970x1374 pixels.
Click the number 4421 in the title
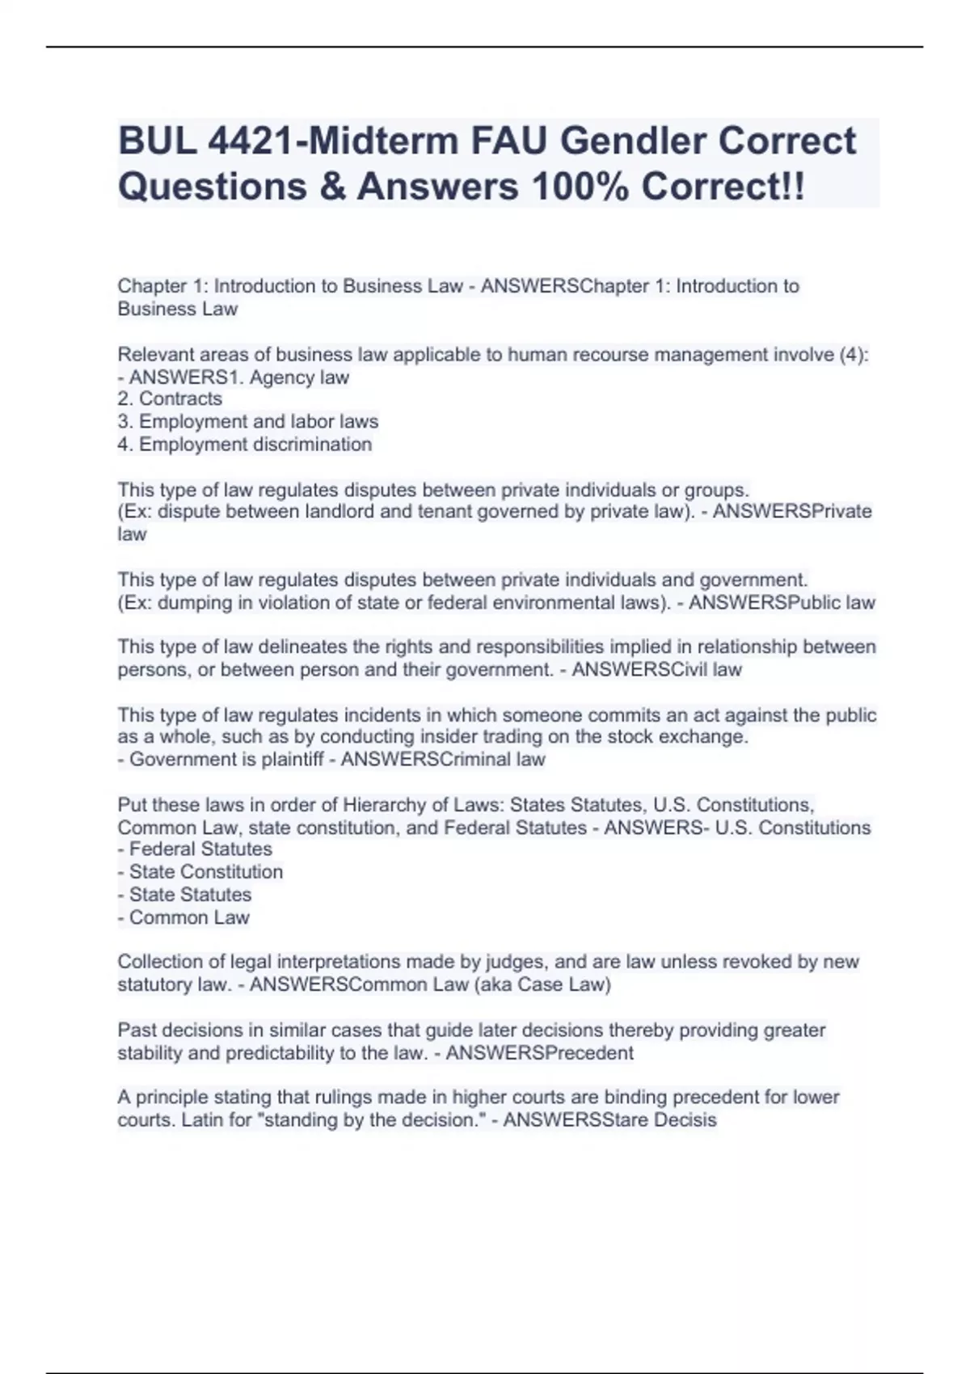pyautogui.click(x=251, y=141)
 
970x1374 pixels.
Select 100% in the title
pyautogui.click(x=580, y=187)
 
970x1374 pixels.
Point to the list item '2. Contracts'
pyautogui.click(x=170, y=398)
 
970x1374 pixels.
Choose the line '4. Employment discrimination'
pyautogui.click(x=245, y=444)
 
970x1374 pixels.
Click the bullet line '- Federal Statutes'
pyautogui.click(x=195, y=849)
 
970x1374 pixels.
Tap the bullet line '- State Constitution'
pyautogui.click(x=200, y=872)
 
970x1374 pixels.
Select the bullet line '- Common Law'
pyautogui.click(x=183, y=917)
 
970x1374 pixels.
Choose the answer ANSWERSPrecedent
pyautogui.click(x=540, y=1053)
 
